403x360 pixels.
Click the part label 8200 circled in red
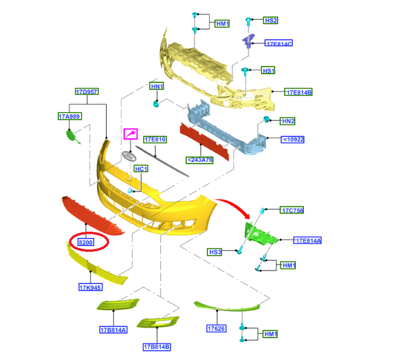(86, 242)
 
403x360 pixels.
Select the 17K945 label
(90, 287)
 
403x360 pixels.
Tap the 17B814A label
(113, 330)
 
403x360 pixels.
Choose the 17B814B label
(157, 347)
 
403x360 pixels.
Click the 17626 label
(216, 328)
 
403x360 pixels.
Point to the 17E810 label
(155, 139)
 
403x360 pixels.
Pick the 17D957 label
(87, 91)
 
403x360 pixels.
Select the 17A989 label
(70, 116)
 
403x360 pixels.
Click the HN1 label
(157, 86)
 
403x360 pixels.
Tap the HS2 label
(270, 20)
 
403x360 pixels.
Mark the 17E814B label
(298, 92)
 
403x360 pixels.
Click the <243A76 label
(200, 160)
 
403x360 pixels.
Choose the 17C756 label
(292, 210)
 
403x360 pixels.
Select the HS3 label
(214, 252)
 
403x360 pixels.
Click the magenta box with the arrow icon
(131, 134)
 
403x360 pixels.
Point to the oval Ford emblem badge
(129, 157)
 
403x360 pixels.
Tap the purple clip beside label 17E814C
(248, 41)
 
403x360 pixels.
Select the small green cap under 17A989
(71, 135)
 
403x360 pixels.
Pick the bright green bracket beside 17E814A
(260, 235)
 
